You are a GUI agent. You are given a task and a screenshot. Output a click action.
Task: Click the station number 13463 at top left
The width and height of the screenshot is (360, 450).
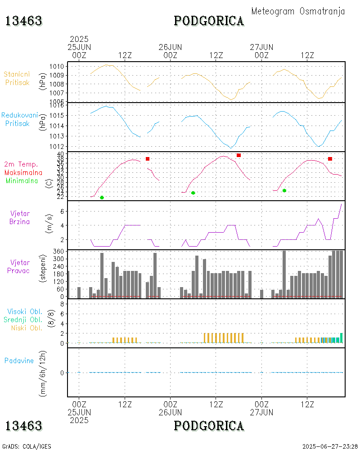click(24, 21)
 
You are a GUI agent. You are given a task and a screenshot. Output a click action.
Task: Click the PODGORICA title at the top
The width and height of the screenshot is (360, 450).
click(209, 21)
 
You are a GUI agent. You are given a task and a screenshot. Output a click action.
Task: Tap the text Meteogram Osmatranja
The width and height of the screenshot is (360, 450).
click(298, 11)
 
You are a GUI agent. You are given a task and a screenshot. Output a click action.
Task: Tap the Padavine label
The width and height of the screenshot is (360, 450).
click(19, 360)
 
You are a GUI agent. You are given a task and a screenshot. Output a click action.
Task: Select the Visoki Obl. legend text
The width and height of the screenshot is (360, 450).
click(24, 311)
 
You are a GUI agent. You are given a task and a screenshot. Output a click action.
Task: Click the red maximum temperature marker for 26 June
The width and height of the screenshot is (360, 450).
click(238, 155)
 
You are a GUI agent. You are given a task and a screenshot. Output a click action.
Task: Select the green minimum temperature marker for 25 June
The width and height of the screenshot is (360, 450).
click(102, 198)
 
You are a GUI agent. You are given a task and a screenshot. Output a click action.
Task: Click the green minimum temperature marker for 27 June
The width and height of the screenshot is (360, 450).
click(284, 190)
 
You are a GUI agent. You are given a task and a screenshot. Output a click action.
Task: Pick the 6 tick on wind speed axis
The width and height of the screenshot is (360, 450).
click(63, 211)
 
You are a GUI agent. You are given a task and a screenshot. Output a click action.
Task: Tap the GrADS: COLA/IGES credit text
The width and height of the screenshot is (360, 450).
click(27, 446)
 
